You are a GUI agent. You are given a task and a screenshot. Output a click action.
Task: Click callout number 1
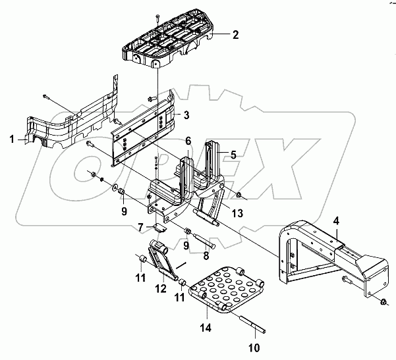[12, 138]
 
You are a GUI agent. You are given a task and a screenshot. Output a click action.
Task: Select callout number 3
[186, 116]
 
